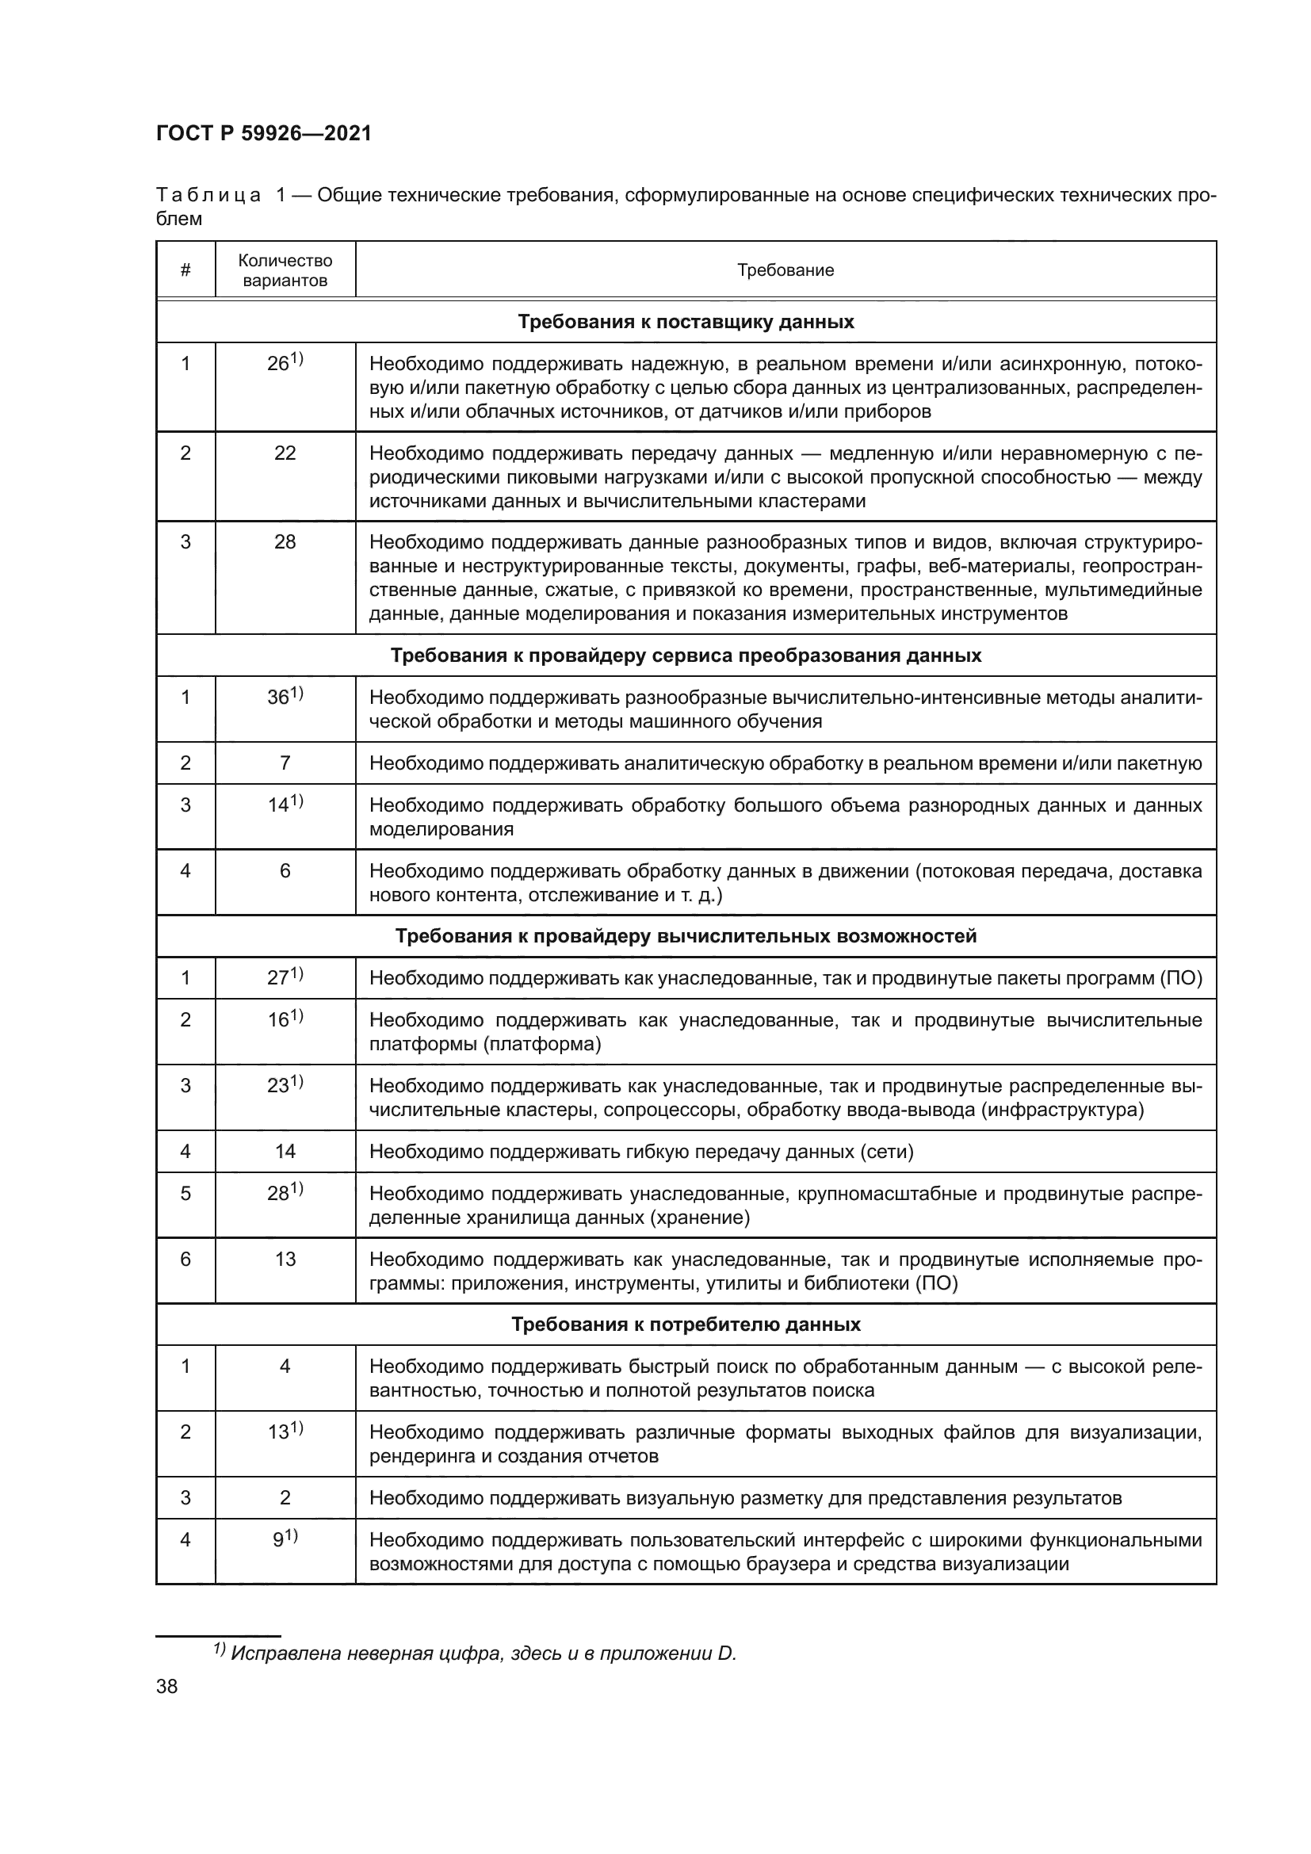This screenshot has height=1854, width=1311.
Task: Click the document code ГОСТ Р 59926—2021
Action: click(263, 133)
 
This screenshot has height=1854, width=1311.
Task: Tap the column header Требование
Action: click(785, 269)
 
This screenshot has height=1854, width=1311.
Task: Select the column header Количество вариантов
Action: click(285, 269)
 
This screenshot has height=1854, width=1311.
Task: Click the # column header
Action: click(185, 269)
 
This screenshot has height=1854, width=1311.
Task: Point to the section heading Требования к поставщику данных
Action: click(686, 321)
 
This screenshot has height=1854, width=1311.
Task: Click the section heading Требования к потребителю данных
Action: click(686, 1325)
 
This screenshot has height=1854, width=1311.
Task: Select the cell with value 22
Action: click(285, 453)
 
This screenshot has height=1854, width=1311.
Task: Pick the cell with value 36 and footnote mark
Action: click(285, 696)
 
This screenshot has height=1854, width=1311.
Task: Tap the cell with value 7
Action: click(285, 763)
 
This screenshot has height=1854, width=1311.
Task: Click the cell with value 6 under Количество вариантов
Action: click(285, 870)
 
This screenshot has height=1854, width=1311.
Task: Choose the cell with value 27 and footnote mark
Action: click(285, 977)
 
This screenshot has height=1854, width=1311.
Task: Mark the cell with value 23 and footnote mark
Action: click(285, 1084)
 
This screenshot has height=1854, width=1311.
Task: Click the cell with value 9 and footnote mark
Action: click(285, 1539)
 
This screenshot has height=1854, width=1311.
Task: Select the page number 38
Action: click(167, 1686)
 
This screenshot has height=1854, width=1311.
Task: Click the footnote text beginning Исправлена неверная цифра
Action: click(483, 1653)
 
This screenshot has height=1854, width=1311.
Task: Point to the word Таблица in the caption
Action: click(208, 196)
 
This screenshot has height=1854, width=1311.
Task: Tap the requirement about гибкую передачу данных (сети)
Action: click(641, 1151)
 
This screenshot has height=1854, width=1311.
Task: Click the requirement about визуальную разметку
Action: click(745, 1498)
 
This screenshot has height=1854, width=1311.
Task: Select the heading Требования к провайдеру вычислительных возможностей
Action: click(686, 936)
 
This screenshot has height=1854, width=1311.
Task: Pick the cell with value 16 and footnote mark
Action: click(285, 1019)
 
